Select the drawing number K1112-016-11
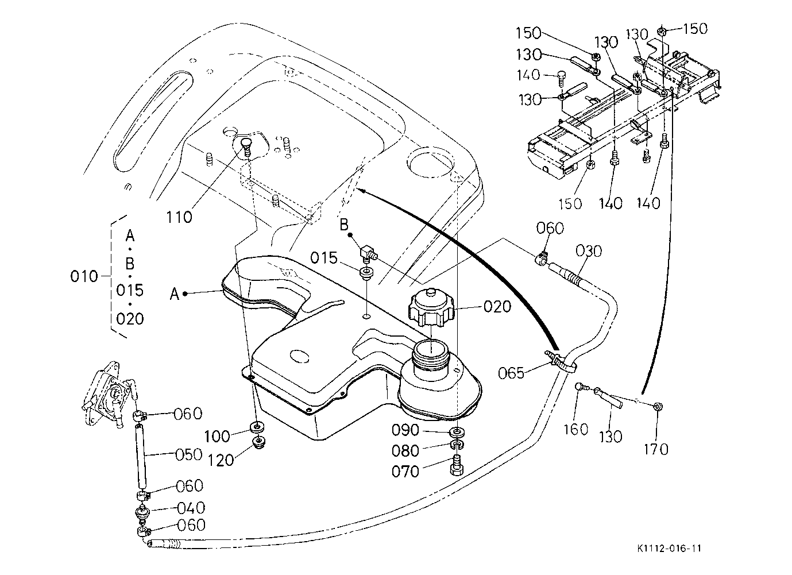pyautogui.click(x=669, y=548)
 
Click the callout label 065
pyautogui.click(x=511, y=373)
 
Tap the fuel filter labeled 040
pyautogui.click(x=142, y=511)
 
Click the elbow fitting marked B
pyautogui.click(x=366, y=252)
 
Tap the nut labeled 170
pyautogui.click(x=657, y=407)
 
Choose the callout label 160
pyautogui.click(x=576, y=429)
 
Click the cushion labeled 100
pyautogui.click(x=256, y=427)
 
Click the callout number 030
pyautogui.click(x=589, y=250)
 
